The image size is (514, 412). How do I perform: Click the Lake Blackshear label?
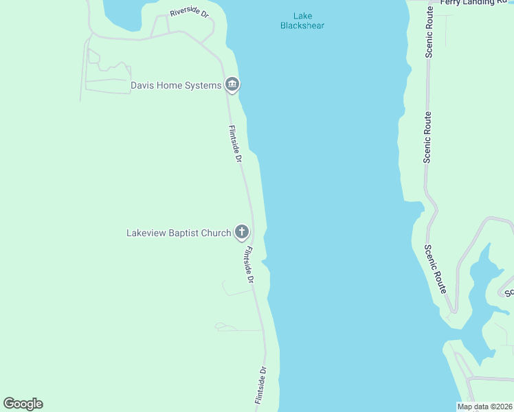click(302, 21)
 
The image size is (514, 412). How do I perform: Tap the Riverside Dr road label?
click(189, 14)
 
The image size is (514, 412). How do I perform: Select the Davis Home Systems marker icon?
click(232, 85)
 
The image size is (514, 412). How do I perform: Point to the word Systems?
click(203, 86)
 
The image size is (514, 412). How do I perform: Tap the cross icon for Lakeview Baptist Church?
click(241, 232)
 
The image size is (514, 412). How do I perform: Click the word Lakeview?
click(146, 233)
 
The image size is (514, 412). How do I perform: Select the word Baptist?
click(183, 233)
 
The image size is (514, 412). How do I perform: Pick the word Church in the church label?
click(216, 233)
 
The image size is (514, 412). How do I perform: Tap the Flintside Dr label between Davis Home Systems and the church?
click(235, 144)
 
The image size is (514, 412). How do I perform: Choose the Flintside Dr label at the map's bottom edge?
click(260, 385)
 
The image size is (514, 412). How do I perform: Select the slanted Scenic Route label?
click(436, 269)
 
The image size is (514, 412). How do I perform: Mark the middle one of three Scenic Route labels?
click(427, 137)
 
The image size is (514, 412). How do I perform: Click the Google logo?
click(23, 404)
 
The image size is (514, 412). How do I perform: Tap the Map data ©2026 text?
click(484, 407)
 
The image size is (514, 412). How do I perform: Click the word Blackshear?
click(302, 26)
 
